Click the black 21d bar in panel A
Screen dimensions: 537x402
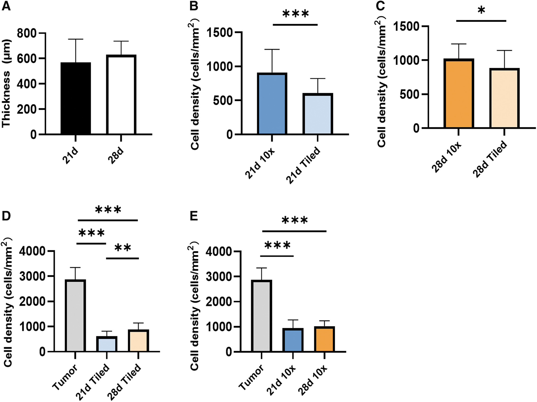point(76,98)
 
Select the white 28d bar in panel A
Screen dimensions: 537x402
point(121,95)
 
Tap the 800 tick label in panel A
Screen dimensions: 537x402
point(26,33)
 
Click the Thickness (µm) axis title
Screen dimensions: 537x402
point(6,83)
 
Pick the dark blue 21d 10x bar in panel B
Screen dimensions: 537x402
point(272,104)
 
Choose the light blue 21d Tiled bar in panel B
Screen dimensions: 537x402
point(318,114)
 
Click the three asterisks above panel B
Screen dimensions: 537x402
point(295,14)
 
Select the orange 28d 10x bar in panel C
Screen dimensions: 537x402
point(459,93)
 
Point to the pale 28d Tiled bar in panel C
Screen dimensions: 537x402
point(505,98)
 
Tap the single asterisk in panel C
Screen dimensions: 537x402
point(481,11)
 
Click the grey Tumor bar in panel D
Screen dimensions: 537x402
point(75,316)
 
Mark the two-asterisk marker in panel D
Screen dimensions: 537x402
point(123,248)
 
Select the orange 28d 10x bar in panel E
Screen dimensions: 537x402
point(325,339)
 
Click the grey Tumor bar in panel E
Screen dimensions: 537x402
point(262,316)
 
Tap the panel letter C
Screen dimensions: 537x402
point(380,6)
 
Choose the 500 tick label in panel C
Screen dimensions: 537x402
point(409,94)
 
